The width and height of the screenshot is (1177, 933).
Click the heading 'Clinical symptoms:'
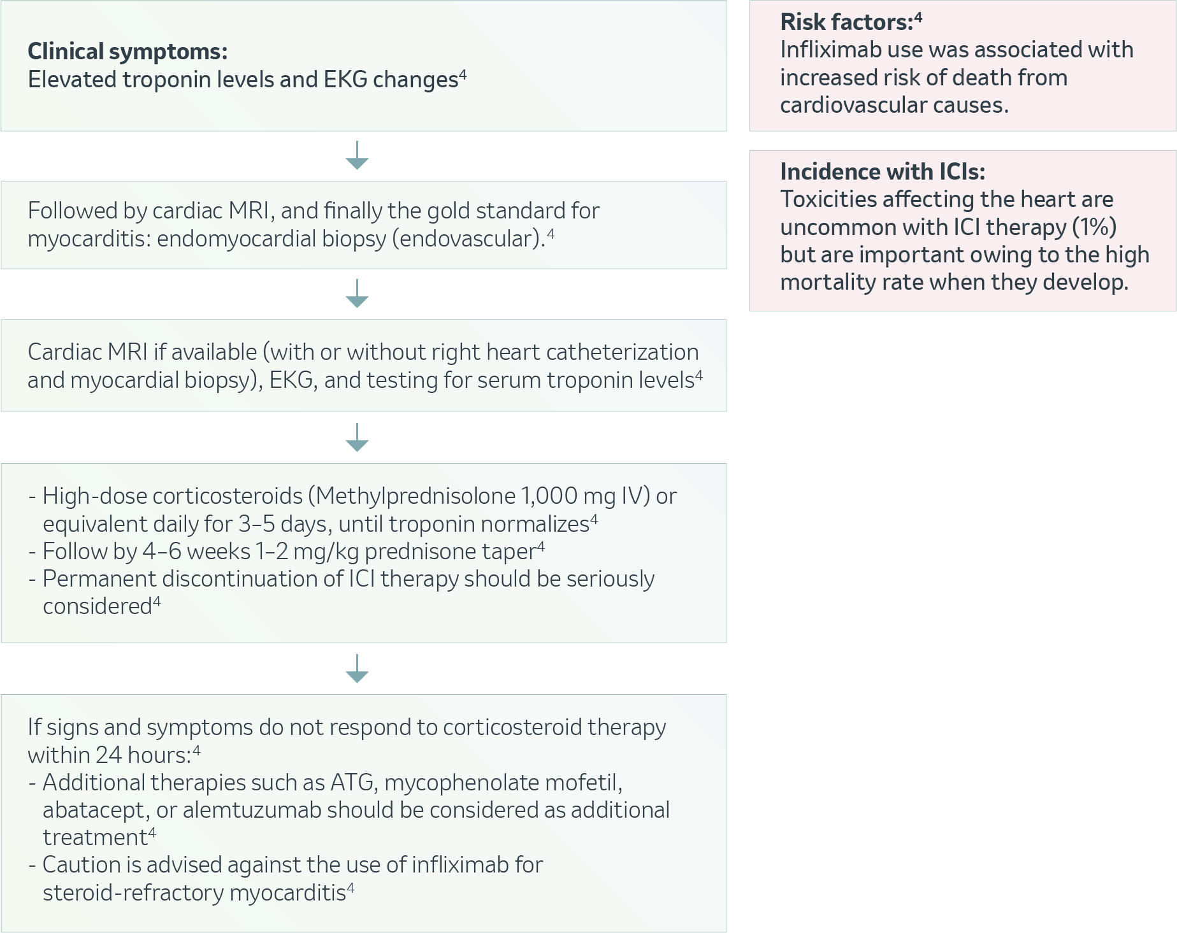click(127, 52)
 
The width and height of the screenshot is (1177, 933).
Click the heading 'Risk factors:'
click(847, 22)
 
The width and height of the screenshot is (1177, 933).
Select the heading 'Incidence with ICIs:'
click(883, 172)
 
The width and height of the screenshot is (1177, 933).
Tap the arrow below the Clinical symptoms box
click(357, 155)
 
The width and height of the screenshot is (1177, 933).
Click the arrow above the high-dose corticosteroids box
click(357, 438)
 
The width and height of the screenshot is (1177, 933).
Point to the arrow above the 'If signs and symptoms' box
click(357, 669)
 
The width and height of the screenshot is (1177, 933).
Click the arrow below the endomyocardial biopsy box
click(357, 294)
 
